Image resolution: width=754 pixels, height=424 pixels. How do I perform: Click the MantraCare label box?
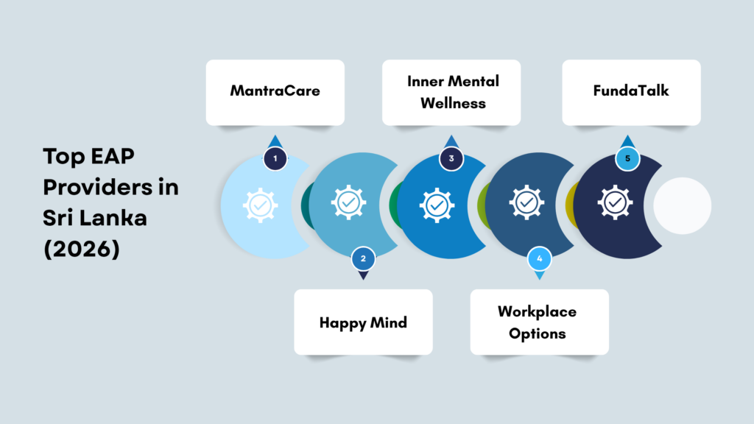pyautogui.click(x=275, y=92)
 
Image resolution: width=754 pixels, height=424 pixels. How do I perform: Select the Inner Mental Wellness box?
pyautogui.click(x=451, y=92)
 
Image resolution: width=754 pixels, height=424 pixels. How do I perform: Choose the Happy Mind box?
pyautogui.click(x=363, y=322)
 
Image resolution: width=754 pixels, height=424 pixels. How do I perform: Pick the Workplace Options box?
pyautogui.click(x=540, y=322)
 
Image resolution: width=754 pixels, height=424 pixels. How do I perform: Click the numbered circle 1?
pyautogui.click(x=275, y=158)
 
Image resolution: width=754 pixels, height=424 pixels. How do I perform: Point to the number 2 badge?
pyautogui.click(x=363, y=258)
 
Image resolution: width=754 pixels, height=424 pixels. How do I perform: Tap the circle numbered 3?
pyautogui.click(x=451, y=158)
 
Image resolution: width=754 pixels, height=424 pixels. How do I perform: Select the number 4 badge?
pyautogui.click(x=540, y=258)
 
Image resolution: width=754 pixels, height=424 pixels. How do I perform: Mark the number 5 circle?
pyautogui.click(x=627, y=158)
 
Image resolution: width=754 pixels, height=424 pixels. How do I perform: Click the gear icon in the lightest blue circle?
pyautogui.click(x=260, y=205)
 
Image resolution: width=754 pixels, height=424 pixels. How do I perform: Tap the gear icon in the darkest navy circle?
pyautogui.click(x=615, y=202)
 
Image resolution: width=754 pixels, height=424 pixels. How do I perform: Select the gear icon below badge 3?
pyautogui.click(x=437, y=205)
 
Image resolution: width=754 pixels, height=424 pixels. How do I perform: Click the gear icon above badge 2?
pyautogui.click(x=348, y=202)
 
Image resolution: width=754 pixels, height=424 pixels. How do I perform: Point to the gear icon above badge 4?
pyautogui.click(x=526, y=202)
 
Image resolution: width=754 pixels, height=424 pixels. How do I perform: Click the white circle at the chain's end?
pyautogui.click(x=682, y=206)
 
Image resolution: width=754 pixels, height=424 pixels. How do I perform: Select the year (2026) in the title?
pyautogui.click(x=81, y=249)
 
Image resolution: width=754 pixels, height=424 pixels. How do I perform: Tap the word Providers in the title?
pyautogui.click(x=91, y=187)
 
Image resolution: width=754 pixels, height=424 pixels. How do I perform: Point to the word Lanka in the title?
pyautogui.click(x=113, y=218)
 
